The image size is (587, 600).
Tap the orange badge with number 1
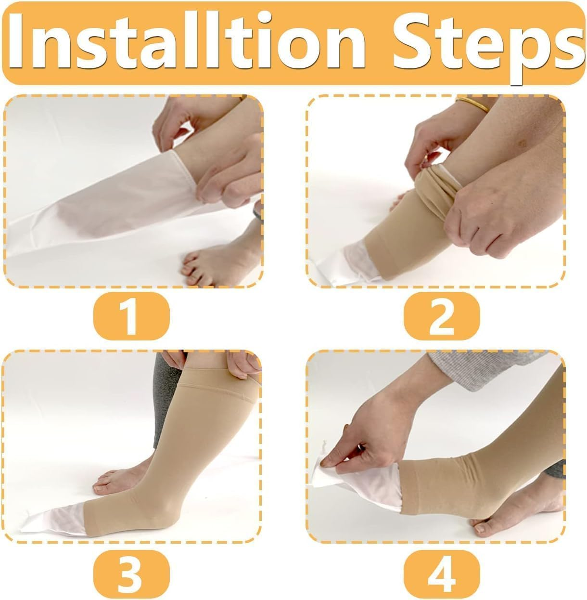pos(131,315)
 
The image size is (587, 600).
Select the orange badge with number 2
pos(441,315)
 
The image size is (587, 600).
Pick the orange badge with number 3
pos(131,573)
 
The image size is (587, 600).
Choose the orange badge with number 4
pos(441,573)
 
